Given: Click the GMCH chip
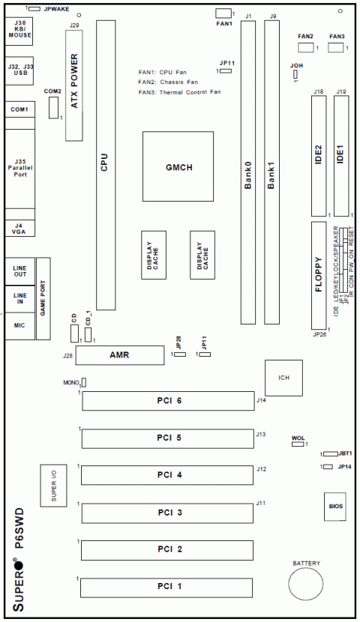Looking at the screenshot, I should click(x=178, y=166).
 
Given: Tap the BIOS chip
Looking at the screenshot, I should click(x=335, y=507).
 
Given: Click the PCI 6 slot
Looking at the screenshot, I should click(x=169, y=402).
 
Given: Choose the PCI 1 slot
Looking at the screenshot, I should click(x=169, y=585).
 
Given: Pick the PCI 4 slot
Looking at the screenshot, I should click(x=169, y=475).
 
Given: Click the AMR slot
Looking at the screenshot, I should click(x=120, y=355).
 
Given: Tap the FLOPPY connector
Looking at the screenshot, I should click(x=319, y=275).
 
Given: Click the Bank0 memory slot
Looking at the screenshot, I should click(x=247, y=172).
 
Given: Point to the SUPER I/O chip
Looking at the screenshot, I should click(x=53, y=486).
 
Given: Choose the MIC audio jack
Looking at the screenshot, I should click(x=18, y=325).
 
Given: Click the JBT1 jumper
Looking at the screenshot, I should click(x=330, y=454).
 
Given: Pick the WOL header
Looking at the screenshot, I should click(x=298, y=444).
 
